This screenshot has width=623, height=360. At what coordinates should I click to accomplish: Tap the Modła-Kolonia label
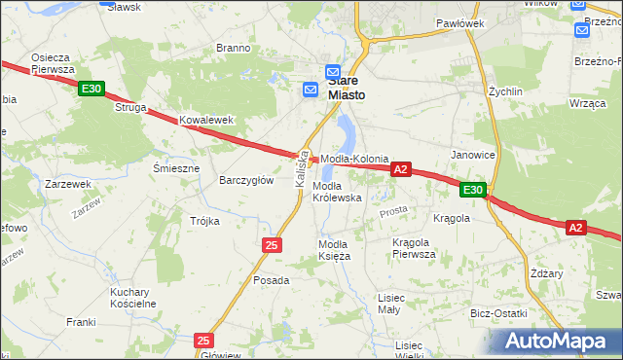tap(355, 159)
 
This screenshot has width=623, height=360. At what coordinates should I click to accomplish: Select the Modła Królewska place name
tap(337, 192)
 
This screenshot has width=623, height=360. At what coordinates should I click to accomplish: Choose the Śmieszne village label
tap(176, 168)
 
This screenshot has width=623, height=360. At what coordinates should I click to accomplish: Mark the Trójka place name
tap(204, 221)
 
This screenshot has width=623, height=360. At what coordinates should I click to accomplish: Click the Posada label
tap(272, 280)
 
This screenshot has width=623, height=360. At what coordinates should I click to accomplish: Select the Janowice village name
tap(473, 155)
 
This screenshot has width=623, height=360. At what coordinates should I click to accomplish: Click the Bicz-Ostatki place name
tap(498, 313)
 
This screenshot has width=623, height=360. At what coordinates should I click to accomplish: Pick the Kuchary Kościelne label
tap(133, 298)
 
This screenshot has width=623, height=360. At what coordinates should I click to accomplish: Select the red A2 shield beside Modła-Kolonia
tap(400, 169)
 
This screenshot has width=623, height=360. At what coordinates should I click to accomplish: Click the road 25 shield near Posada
tap(272, 245)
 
